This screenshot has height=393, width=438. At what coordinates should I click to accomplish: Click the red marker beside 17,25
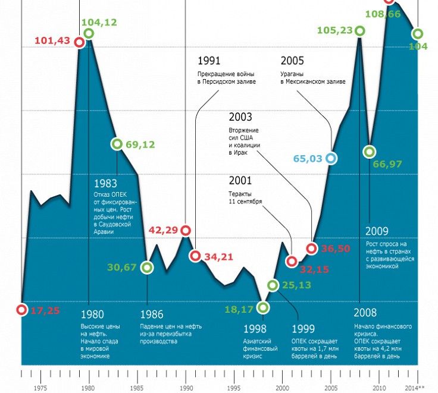(21, 310)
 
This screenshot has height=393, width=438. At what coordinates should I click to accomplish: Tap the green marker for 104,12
(89, 33)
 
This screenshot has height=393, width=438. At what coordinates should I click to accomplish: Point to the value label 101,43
(52, 40)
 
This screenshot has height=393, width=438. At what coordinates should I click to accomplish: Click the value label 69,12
(140, 144)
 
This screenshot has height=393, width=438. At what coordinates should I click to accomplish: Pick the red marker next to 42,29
(186, 230)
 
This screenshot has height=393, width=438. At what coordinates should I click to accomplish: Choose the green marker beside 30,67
(148, 268)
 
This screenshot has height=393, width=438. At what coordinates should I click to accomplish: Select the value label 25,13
(297, 285)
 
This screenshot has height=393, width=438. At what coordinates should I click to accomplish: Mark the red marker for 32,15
(292, 261)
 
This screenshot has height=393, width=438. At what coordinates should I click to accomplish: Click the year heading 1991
(209, 61)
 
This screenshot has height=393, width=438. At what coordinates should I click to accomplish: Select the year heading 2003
(240, 117)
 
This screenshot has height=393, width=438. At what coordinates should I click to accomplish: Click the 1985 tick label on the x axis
(137, 388)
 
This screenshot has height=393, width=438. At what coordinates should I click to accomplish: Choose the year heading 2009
(377, 231)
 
